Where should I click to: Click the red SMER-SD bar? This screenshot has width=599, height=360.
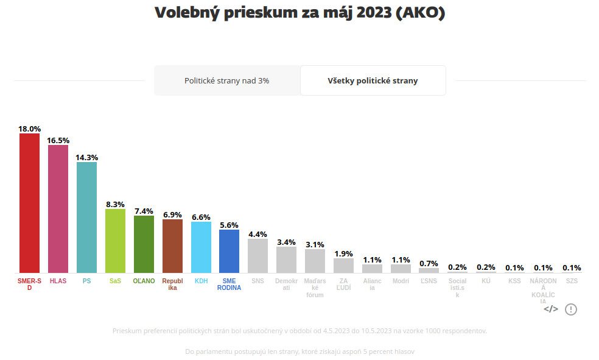(x=29, y=203)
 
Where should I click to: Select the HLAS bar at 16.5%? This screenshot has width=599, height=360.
(x=58, y=208)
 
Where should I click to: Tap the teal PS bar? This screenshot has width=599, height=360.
(x=86, y=217)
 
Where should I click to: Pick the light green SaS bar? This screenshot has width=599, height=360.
(x=115, y=241)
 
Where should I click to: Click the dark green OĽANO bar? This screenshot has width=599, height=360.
(x=144, y=244)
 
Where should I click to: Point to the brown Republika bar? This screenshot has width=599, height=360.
(x=172, y=245)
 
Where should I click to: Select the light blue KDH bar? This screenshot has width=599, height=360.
(x=201, y=247)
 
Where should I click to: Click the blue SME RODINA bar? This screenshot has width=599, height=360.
(x=229, y=250)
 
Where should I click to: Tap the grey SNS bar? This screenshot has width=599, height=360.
(x=258, y=255)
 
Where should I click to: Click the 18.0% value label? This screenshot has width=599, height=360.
(x=29, y=129)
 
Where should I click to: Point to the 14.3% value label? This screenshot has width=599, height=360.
(x=86, y=157)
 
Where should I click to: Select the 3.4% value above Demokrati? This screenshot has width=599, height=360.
(x=286, y=242)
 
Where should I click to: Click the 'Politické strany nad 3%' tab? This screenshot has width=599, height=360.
(x=227, y=80)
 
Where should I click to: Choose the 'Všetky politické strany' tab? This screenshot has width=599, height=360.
(x=373, y=80)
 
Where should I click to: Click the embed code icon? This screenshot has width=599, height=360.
(x=550, y=309)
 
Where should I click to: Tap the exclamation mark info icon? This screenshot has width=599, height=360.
(x=570, y=309)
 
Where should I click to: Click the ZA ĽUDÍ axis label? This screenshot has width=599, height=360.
(x=344, y=284)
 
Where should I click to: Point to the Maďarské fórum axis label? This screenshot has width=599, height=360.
(x=315, y=287)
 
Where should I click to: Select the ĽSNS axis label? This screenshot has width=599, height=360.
(x=429, y=281)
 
